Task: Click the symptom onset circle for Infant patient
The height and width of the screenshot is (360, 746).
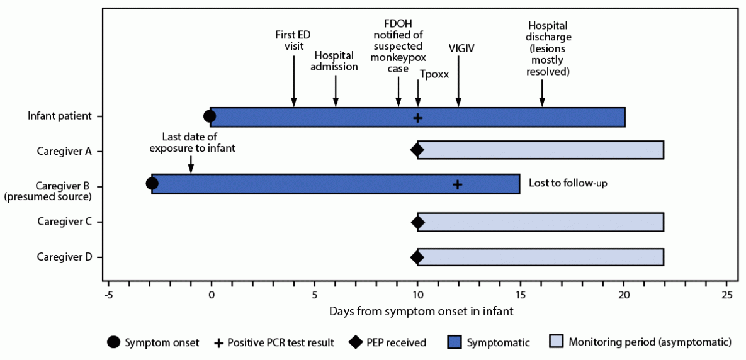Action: tap(210, 116)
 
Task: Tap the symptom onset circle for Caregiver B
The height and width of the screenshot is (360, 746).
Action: tap(152, 184)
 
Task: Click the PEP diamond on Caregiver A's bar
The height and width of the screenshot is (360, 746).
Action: tap(417, 150)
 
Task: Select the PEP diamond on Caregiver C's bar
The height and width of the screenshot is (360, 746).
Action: tap(417, 222)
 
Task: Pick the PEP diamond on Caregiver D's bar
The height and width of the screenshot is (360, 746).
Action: tap(417, 257)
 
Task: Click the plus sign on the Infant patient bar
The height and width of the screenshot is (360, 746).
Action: tap(417, 117)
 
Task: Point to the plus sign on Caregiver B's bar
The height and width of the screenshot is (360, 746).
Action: tap(458, 184)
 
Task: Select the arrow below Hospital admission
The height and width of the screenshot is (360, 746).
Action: tap(336, 91)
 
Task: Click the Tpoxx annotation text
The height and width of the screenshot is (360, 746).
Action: tap(434, 74)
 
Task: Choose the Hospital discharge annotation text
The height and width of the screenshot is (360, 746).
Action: tap(548, 48)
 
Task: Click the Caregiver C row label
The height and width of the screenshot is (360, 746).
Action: tap(64, 222)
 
